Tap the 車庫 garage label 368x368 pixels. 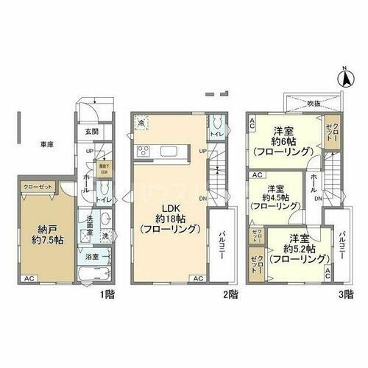[x=46, y=144]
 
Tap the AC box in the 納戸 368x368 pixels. [x=28, y=278]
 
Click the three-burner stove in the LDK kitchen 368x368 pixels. [x=144, y=152]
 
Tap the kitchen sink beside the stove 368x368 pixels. [x=164, y=153]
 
